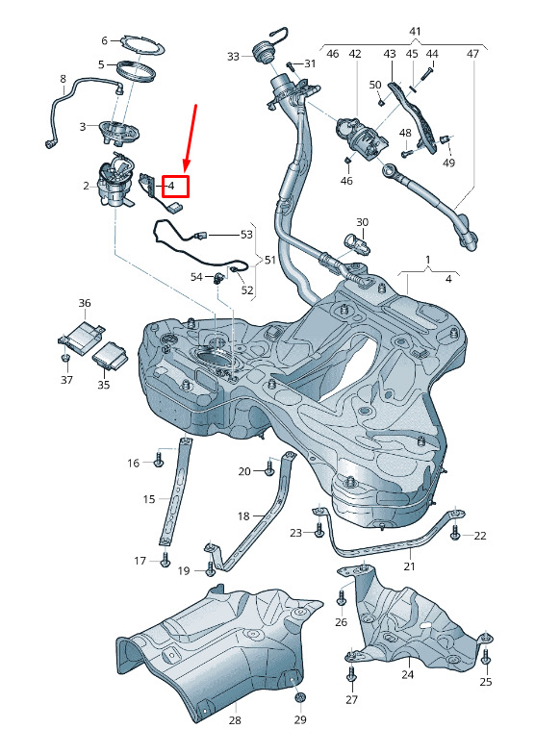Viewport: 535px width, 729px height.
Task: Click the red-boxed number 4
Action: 170,186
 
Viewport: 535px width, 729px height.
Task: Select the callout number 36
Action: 85,303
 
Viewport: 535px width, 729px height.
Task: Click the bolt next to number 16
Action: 159,460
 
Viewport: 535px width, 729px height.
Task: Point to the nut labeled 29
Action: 300,697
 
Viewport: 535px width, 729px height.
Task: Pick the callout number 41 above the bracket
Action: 415,32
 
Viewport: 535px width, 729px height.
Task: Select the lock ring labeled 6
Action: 140,45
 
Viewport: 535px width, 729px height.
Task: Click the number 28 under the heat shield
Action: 235,720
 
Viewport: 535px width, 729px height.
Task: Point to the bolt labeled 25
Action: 486,656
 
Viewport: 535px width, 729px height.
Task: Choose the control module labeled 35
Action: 110,356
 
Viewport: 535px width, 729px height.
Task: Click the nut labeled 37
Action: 65,358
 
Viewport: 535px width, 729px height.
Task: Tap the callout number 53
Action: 246,235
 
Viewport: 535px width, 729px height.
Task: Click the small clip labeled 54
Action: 218,278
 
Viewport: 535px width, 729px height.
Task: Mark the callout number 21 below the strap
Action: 409,566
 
